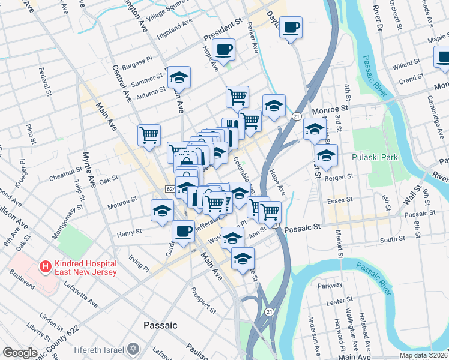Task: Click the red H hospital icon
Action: (44, 265)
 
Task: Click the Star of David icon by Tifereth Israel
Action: (134, 349)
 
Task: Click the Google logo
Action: (20, 353)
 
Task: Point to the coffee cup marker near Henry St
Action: (183, 230)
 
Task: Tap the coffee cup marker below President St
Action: (224, 50)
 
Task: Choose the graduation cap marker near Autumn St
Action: (179, 77)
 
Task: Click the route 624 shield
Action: (170, 189)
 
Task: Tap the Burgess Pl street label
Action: (133, 64)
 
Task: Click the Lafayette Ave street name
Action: (81, 296)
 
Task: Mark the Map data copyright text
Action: (422, 355)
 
